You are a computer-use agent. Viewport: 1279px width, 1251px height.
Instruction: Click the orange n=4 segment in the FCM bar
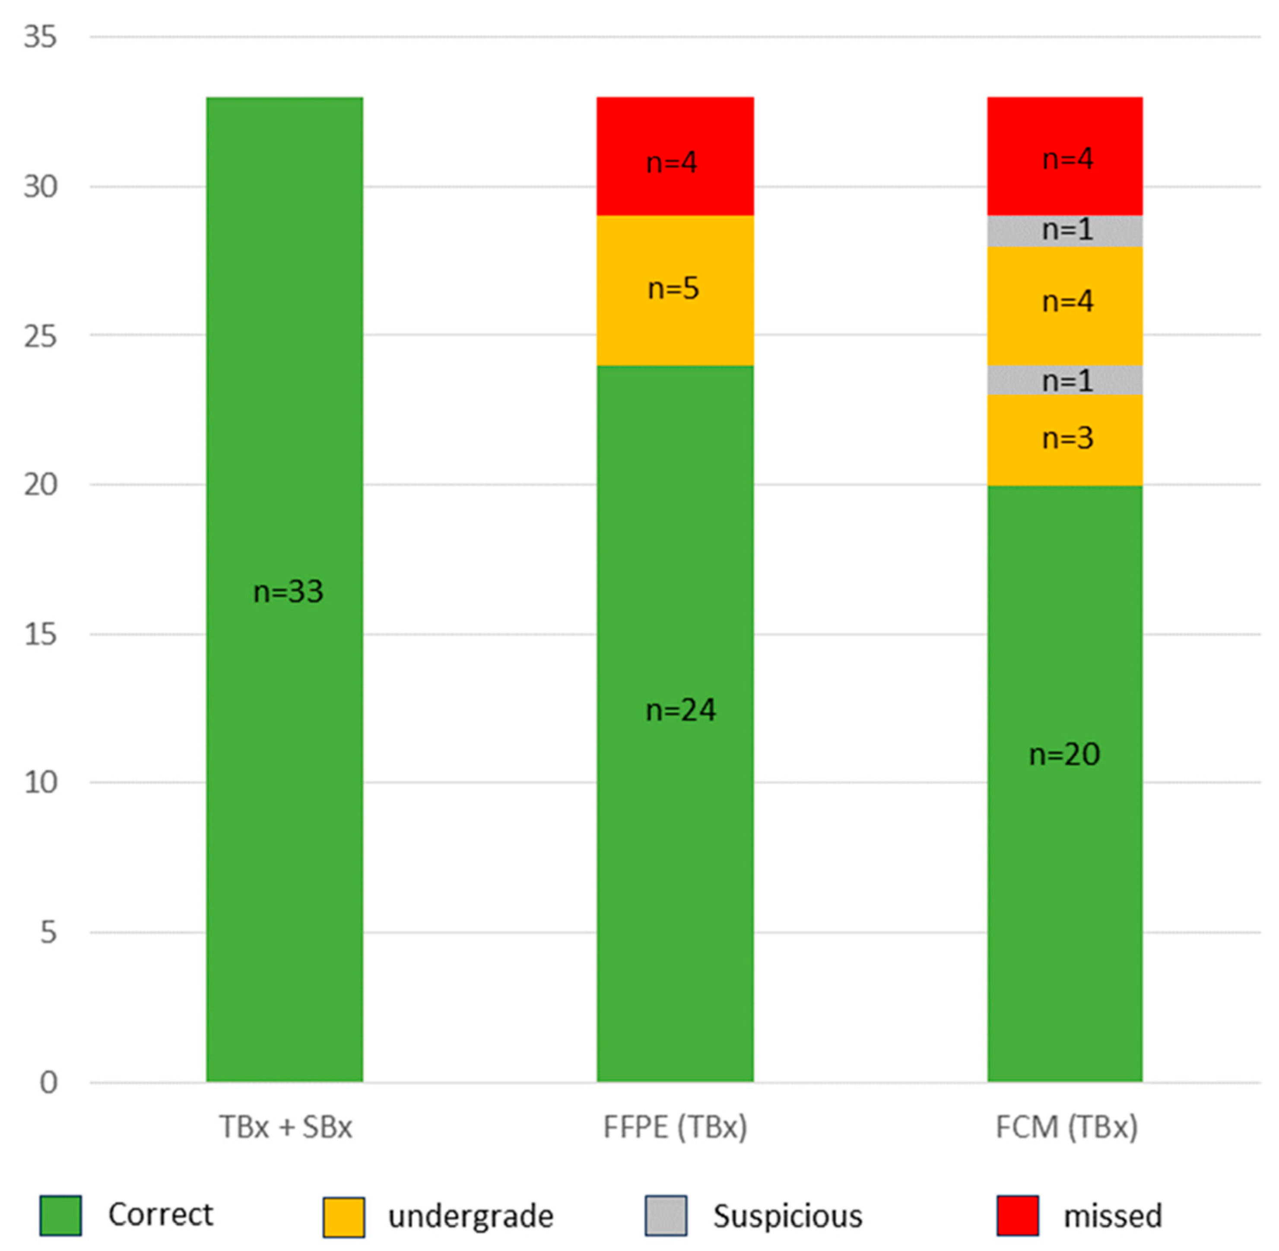[x=1064, y=305]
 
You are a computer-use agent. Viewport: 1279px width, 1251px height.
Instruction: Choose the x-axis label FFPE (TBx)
[x=675, y=1127]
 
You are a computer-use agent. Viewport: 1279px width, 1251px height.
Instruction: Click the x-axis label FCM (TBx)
[x=1066, y=1127]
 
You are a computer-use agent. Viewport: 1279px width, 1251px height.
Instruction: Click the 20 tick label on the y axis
[x=40, y=485]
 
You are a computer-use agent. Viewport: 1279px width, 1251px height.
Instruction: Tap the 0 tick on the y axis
[x=48, y=1082]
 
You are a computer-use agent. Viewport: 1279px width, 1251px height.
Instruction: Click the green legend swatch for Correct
[x=60, y=1216]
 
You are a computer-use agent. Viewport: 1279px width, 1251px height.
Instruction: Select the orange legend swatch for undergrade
[x=343, y=1217]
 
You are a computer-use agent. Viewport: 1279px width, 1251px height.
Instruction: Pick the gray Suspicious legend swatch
[x=666, y=1216]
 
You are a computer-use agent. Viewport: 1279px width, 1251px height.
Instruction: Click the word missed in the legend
[x=1112, y=1216]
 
